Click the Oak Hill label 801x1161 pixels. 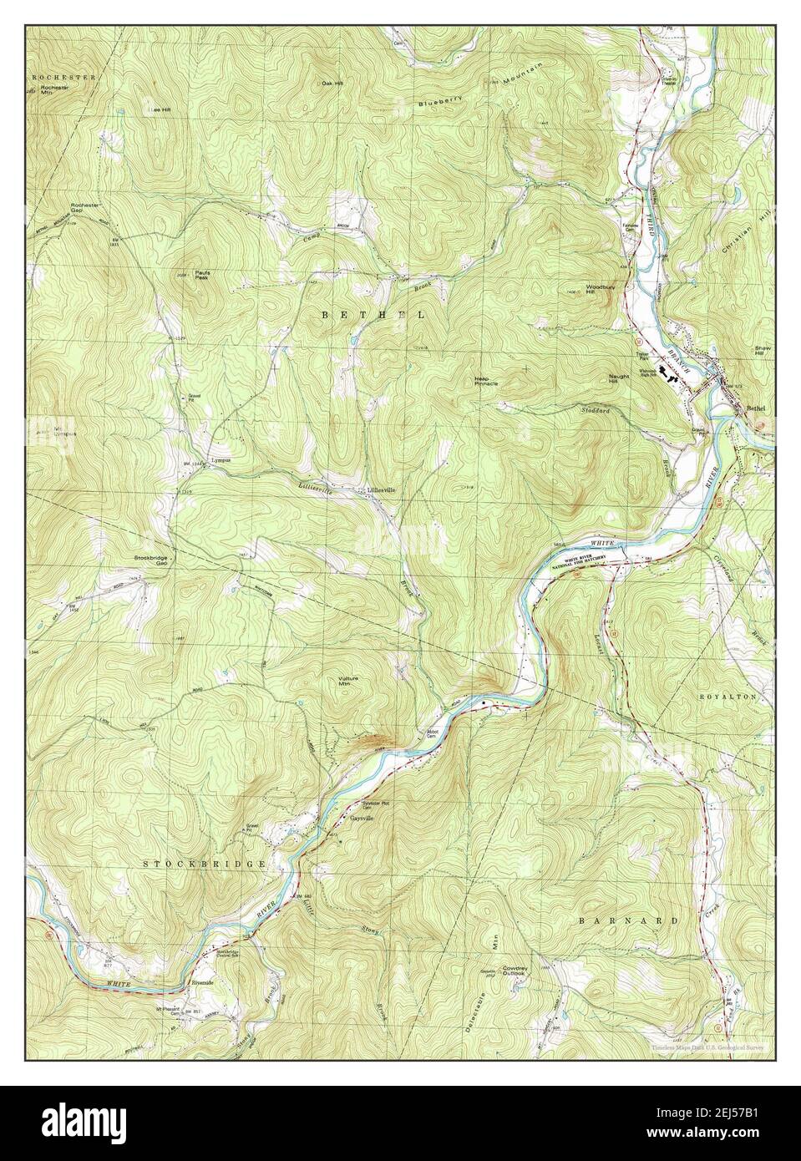(x=332, y=84)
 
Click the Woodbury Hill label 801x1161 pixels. (x=600, y=290)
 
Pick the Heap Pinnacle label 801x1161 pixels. (x=485, y=381)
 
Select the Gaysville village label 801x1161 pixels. (x=362, y=818)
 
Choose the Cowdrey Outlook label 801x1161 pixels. (x=513, y=971)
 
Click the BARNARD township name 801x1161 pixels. (x=627, y=920)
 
